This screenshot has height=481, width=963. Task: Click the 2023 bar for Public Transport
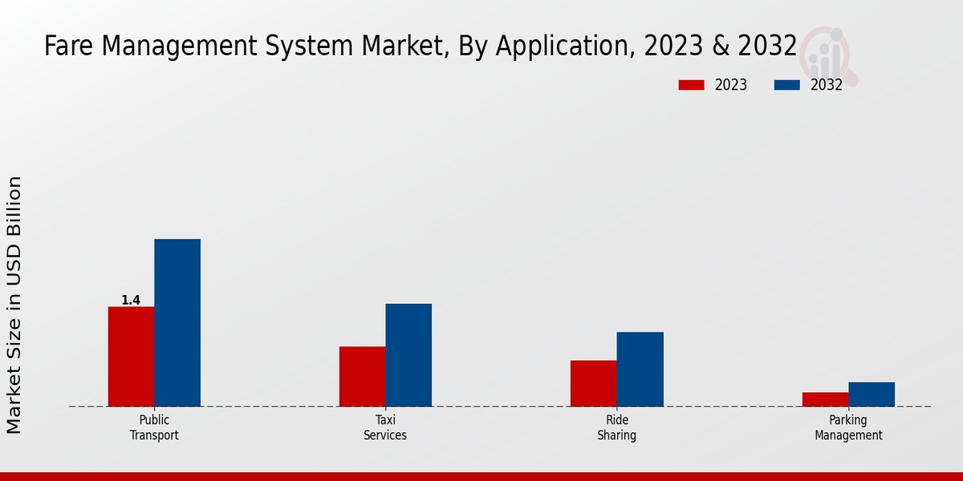[x=131, y=356]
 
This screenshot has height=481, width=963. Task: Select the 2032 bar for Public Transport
[x=177, y=322]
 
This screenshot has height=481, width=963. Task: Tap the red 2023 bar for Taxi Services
[x=362, y=376]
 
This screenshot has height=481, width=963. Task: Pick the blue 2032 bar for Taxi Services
[x=408, y=354]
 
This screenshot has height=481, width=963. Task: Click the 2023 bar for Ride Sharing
[x=593, y=383]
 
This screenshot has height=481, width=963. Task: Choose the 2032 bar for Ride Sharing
[x=640, y=369]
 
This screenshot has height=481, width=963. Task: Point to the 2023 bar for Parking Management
[x=825, y=399]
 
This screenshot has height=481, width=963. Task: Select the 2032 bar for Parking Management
[x=872, y=394]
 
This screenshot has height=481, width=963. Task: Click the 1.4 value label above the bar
[x=131, y=301]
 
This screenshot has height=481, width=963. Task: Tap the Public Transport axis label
[x=154, y=428]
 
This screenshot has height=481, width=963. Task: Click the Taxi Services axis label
[x=385, y=428]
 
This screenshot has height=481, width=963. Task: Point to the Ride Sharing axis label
[x=616, y=428]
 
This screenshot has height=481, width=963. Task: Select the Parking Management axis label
[x=848, y=428]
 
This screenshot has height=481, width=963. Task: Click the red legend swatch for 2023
[x=692, y=85]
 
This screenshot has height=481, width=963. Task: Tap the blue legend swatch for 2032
[x=787, y=85]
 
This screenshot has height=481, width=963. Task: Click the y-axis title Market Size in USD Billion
[x=14, y=305]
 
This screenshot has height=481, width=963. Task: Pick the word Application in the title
[x=563, y=47]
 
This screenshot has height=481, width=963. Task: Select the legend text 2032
[x=826, y=85]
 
